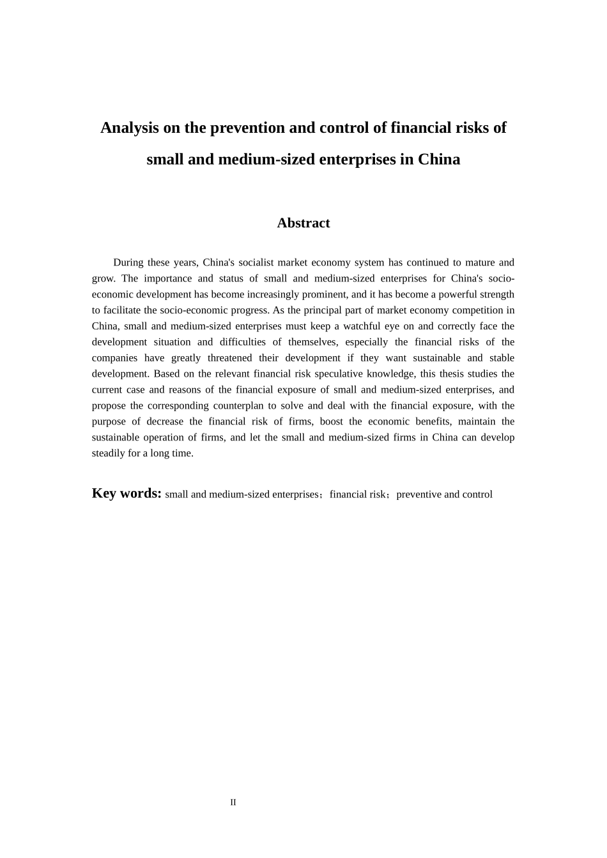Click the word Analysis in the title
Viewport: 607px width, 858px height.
pos(129,128)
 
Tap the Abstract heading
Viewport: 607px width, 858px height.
pos(303,223)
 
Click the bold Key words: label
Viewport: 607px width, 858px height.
pos(127,493)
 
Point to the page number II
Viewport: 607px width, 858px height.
pos(233,802)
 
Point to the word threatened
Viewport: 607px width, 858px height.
pos(230,358)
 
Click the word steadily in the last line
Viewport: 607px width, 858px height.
pos(108,453)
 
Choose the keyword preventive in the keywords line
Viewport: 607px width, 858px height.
pos(419,494)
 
